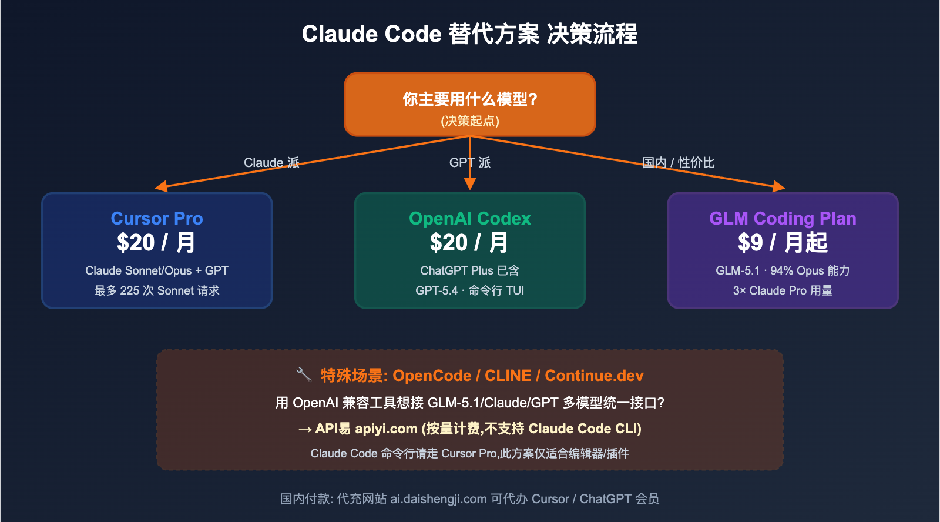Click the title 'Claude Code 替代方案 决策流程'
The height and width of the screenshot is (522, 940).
[469, 34]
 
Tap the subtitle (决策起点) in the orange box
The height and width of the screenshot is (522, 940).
[469, 121]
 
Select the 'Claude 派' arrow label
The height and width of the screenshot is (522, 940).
[271, 163]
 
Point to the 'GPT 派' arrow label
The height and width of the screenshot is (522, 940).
[469, 163]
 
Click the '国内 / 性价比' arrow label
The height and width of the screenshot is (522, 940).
[678, 163]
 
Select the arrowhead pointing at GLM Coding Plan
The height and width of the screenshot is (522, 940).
[778, 186]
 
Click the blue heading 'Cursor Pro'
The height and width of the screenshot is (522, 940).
[157, 219]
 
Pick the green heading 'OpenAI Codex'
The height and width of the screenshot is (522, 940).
[469, 219]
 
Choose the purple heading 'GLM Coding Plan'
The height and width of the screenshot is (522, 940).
[783, 219]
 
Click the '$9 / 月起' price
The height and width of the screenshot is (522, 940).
[783, 243]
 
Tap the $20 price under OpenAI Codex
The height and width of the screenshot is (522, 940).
[469, 243]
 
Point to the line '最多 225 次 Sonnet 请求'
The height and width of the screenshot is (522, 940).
[157, 290]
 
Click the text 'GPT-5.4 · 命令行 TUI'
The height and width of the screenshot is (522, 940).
[469, 290]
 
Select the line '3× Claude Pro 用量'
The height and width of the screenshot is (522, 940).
[783, 290]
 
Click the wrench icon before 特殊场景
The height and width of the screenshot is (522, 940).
[304, 374]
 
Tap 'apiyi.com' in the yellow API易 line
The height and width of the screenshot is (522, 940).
[386, 429]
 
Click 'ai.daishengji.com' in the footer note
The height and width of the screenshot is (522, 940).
[438, 499]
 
